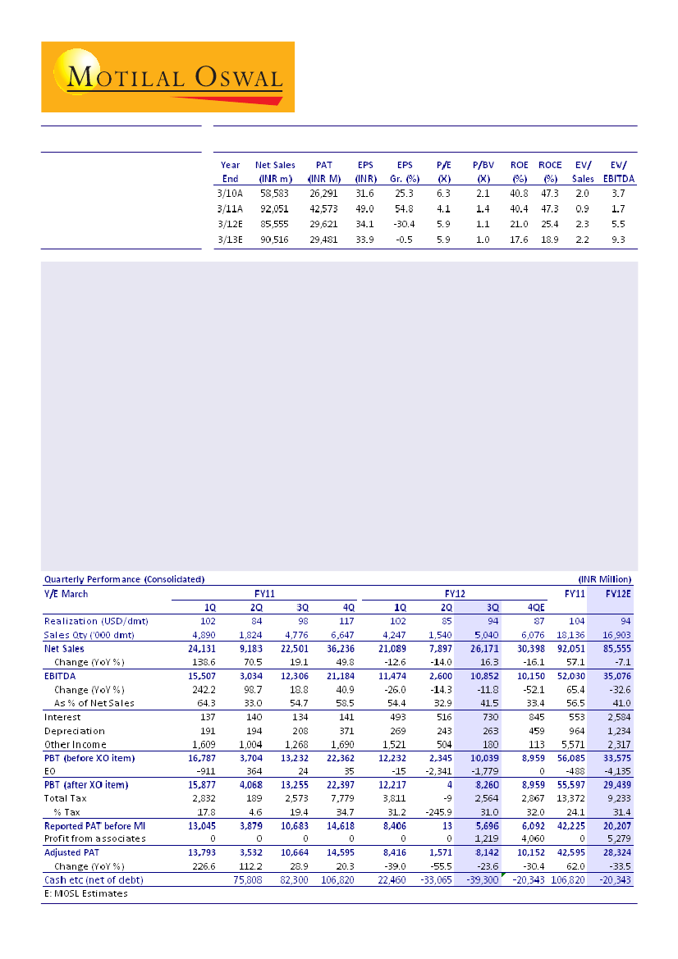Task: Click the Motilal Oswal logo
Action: (167, 77)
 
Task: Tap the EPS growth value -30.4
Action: (403, 224)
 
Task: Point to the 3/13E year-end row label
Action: (229, 240)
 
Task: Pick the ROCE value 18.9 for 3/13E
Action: (550, 240)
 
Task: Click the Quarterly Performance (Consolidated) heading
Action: (124, 578)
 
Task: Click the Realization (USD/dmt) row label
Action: (98, 622)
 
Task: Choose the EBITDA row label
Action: (59, 675)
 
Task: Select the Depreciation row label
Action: (75, 730)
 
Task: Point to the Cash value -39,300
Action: (479, 879)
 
